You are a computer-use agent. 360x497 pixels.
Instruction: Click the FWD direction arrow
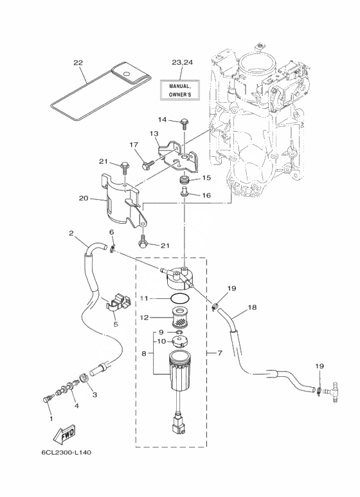pyautogui.click(x=64, y=433)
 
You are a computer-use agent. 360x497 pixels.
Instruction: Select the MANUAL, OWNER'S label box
pyautogui.click(x=180, y=90)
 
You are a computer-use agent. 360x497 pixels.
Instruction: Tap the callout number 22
pyautogui.click(x=78, y=63)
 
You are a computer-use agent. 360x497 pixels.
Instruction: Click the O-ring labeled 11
pyautogui.click(x=180, y=298)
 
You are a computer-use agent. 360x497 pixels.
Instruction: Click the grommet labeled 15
pyautogui.click(x=184, y=180)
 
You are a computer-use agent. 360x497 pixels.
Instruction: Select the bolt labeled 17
pyautogui.click(x=148, y=165)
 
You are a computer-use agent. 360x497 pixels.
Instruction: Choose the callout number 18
pyautogui.click(x=252, y=307)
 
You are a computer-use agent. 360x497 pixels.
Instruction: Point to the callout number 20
pyautogui.click(x=83, y=199)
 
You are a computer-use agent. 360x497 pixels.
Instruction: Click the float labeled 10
pyautogui.click(x=180, y=342)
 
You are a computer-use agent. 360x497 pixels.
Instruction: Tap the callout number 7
pyautogui.click(x=221, y=352)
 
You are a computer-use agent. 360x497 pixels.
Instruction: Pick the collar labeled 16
pyautogui.click(x=184, y=192)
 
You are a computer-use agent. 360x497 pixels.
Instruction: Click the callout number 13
pyautogui.click(x=154, y=134)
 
